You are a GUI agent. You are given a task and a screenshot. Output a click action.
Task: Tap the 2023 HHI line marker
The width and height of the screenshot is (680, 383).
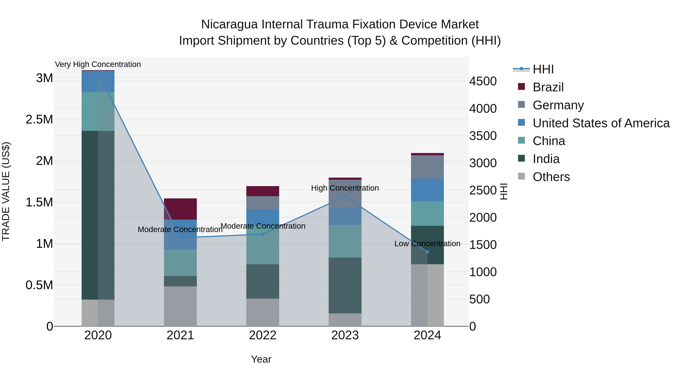[x=345, y=196]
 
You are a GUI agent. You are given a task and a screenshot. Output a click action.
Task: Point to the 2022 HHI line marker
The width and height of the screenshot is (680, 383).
[x=263, y=234]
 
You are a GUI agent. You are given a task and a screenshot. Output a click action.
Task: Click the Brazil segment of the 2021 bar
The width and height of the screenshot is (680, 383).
[x=180, y=209]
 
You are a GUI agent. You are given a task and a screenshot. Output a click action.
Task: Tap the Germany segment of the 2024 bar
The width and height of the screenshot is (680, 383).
[x=427, y=167]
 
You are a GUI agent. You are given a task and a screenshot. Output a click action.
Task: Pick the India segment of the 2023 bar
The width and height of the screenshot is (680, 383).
[x=345, y=285]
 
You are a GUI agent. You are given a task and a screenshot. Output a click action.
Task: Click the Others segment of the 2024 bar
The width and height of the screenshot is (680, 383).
[x=427, y=295]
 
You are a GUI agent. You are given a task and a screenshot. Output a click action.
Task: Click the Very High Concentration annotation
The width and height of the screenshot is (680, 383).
[x=98, y=64]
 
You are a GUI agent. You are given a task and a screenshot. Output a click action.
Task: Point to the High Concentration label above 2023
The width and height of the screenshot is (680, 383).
[x=345, y=188]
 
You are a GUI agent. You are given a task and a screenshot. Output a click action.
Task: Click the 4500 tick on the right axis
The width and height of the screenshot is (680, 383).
[x=483, y=81]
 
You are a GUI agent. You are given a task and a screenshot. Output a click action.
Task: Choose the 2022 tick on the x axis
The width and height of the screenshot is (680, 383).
[x=263, y=335]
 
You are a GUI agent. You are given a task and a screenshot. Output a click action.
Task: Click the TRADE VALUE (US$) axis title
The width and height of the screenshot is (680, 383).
[x=6, y=191]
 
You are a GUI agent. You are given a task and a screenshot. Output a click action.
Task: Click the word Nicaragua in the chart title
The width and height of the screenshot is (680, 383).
[x=229, y=25]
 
